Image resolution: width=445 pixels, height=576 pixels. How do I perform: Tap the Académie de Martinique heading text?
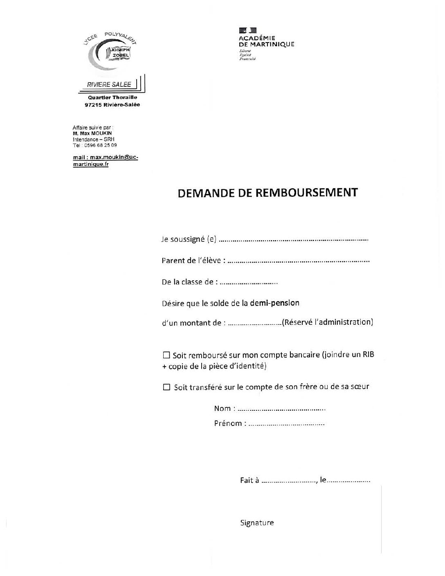tap(266, 41)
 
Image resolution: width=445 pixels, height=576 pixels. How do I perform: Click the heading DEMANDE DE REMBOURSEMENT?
tap(268, 193)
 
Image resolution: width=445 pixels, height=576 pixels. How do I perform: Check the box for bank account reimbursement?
tap(166, 355)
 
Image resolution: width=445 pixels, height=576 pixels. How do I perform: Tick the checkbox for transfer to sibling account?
tap(166, 387)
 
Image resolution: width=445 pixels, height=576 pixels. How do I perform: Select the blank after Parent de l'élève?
tap(298, 261)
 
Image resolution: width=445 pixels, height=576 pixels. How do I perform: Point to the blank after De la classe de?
tap(249, 283)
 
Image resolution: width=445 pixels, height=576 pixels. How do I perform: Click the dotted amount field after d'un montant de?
tap(254, 323)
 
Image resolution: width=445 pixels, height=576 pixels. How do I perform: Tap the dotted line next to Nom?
tap(281, 409)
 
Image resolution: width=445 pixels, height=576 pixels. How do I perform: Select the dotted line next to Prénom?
tap(286, 424)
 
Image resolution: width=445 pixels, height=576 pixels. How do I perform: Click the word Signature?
tap(257, 523)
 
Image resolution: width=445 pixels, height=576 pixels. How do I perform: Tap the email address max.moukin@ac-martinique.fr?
tap(105, 161)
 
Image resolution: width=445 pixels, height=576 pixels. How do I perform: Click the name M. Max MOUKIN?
tap(92, 133)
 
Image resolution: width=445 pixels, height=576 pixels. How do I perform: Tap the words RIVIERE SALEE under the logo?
tap(109, 85)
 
